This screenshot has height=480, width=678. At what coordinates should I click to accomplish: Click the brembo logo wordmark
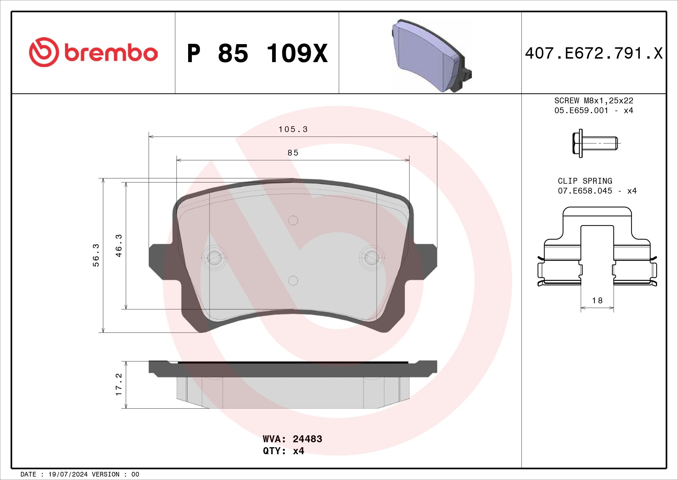(110, 53)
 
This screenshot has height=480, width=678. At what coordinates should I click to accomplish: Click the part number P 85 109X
(257, 53)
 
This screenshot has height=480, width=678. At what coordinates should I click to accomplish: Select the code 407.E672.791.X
(594, 53)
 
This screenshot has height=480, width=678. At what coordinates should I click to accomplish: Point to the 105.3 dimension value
(293, 129)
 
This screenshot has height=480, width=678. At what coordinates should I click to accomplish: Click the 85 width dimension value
(293, 153)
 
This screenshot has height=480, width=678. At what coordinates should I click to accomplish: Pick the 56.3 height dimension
(96, 255)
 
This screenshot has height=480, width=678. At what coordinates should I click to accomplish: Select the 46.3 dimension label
(119, 246)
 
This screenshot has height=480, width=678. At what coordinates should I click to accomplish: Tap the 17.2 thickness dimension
(119, 384)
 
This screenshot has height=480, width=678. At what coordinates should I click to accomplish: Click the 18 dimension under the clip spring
(597, 301)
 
